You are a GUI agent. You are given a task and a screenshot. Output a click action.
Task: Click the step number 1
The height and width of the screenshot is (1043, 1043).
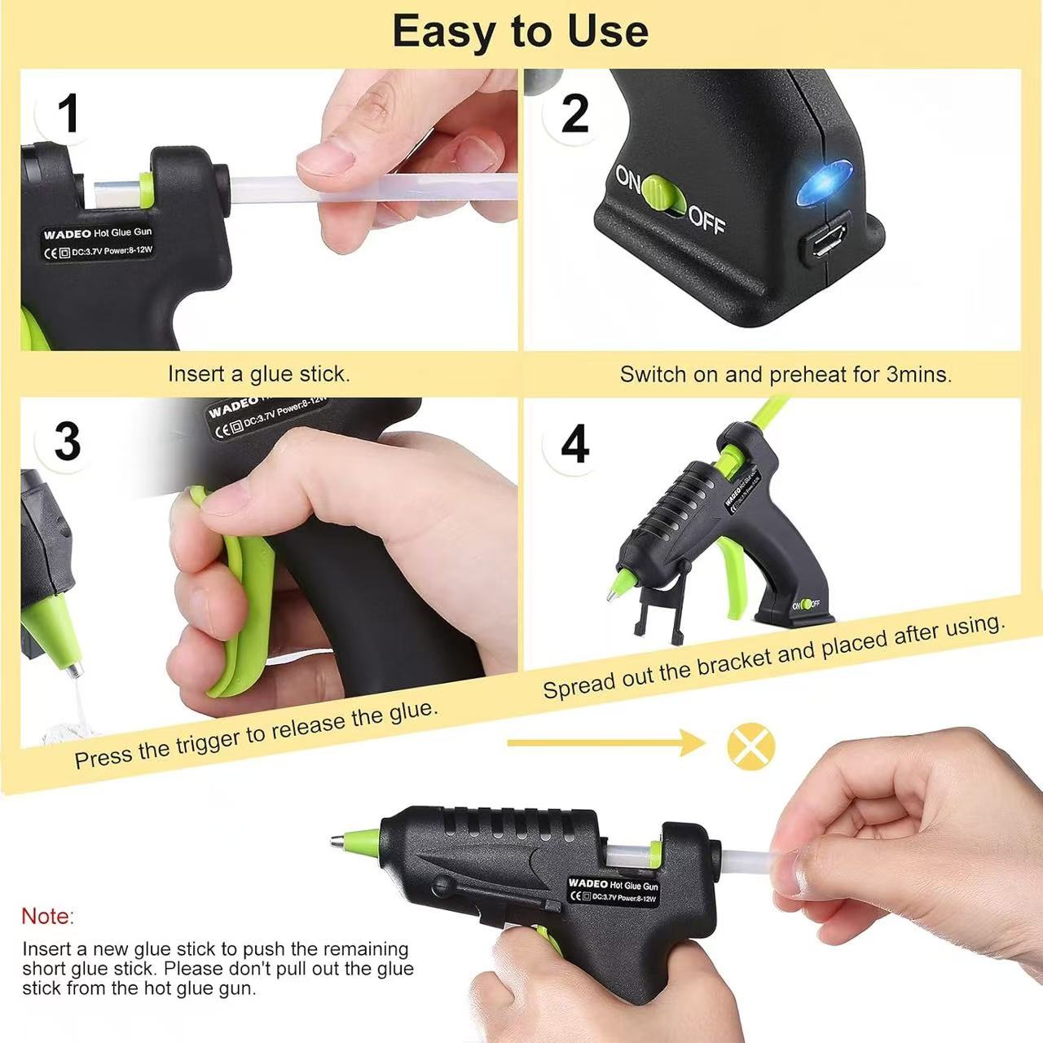68,113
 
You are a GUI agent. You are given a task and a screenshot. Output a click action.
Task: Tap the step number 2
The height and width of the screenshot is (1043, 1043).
574,114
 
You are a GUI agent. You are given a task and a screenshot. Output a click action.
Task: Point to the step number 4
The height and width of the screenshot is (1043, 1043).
574,445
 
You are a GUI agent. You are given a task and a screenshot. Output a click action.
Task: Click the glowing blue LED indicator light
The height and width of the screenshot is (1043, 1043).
824,180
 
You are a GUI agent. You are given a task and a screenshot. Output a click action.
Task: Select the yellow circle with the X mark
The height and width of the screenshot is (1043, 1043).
750,744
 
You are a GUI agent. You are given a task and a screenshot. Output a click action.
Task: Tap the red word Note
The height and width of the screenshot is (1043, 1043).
47,916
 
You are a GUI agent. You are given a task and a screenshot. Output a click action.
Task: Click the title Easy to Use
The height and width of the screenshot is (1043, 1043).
520,31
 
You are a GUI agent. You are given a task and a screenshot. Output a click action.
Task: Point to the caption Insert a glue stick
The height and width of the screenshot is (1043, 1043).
258,374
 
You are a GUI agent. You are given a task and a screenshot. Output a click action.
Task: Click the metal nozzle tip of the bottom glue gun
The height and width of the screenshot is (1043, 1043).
337,838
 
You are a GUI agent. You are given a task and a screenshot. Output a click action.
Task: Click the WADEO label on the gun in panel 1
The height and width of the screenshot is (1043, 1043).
67,235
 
